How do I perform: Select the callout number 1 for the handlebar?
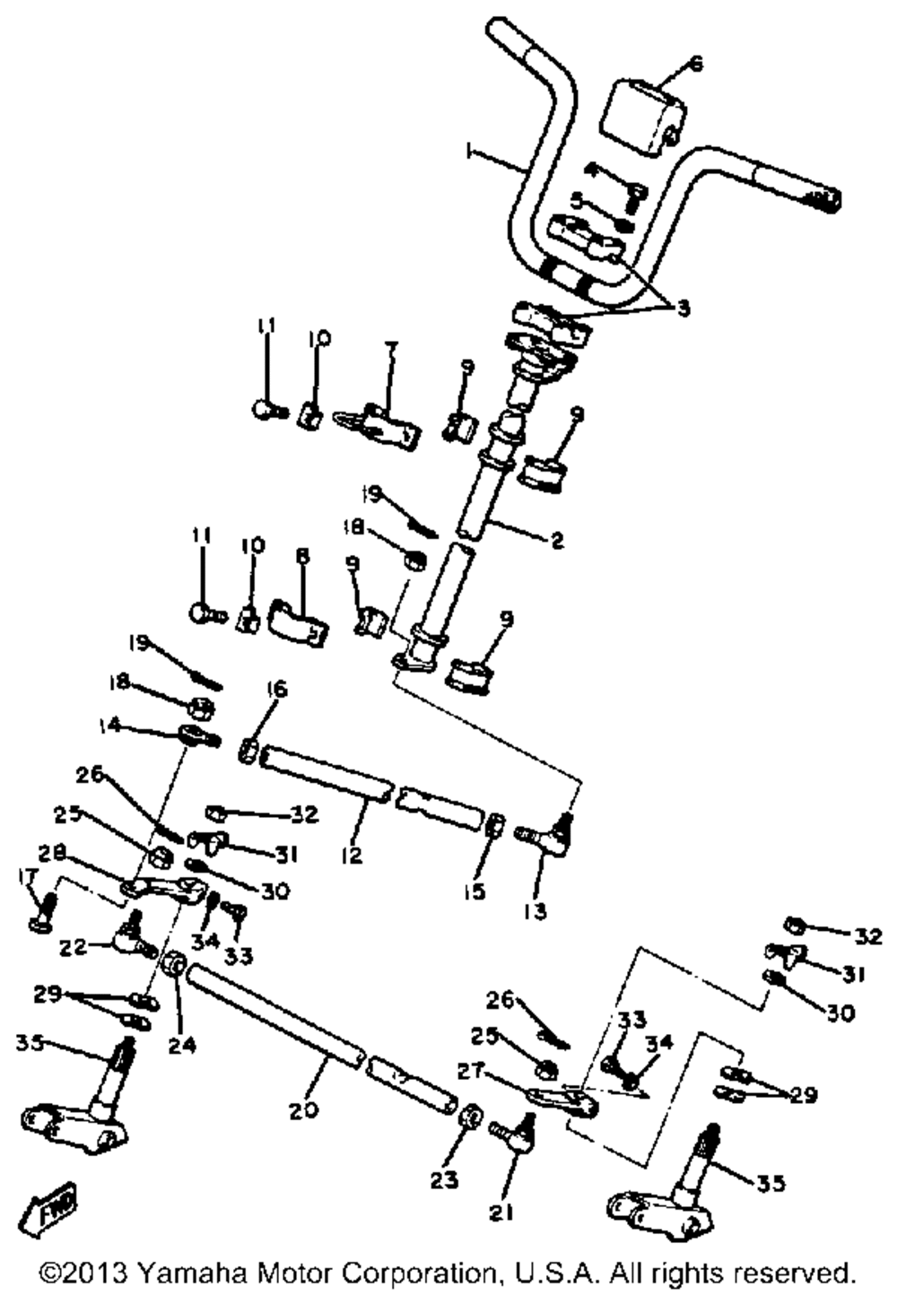coord(469,154)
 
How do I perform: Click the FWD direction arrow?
coord(55,1210)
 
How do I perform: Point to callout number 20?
coord(303,1109)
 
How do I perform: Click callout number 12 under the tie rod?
coord(352,855)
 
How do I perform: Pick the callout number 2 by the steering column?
coord(557,541)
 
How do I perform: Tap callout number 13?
coord(536,912)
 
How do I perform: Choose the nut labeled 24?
coord(176,966)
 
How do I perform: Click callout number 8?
coord(302,557)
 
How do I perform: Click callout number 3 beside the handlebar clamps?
coord(683,309)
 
